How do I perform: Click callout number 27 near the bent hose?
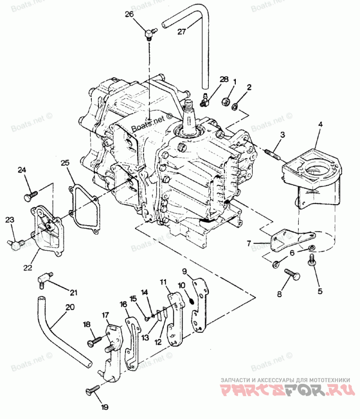(181, 31)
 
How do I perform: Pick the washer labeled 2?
(234, 107)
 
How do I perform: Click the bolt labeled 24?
(30, 196)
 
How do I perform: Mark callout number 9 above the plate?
(184, 271)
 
